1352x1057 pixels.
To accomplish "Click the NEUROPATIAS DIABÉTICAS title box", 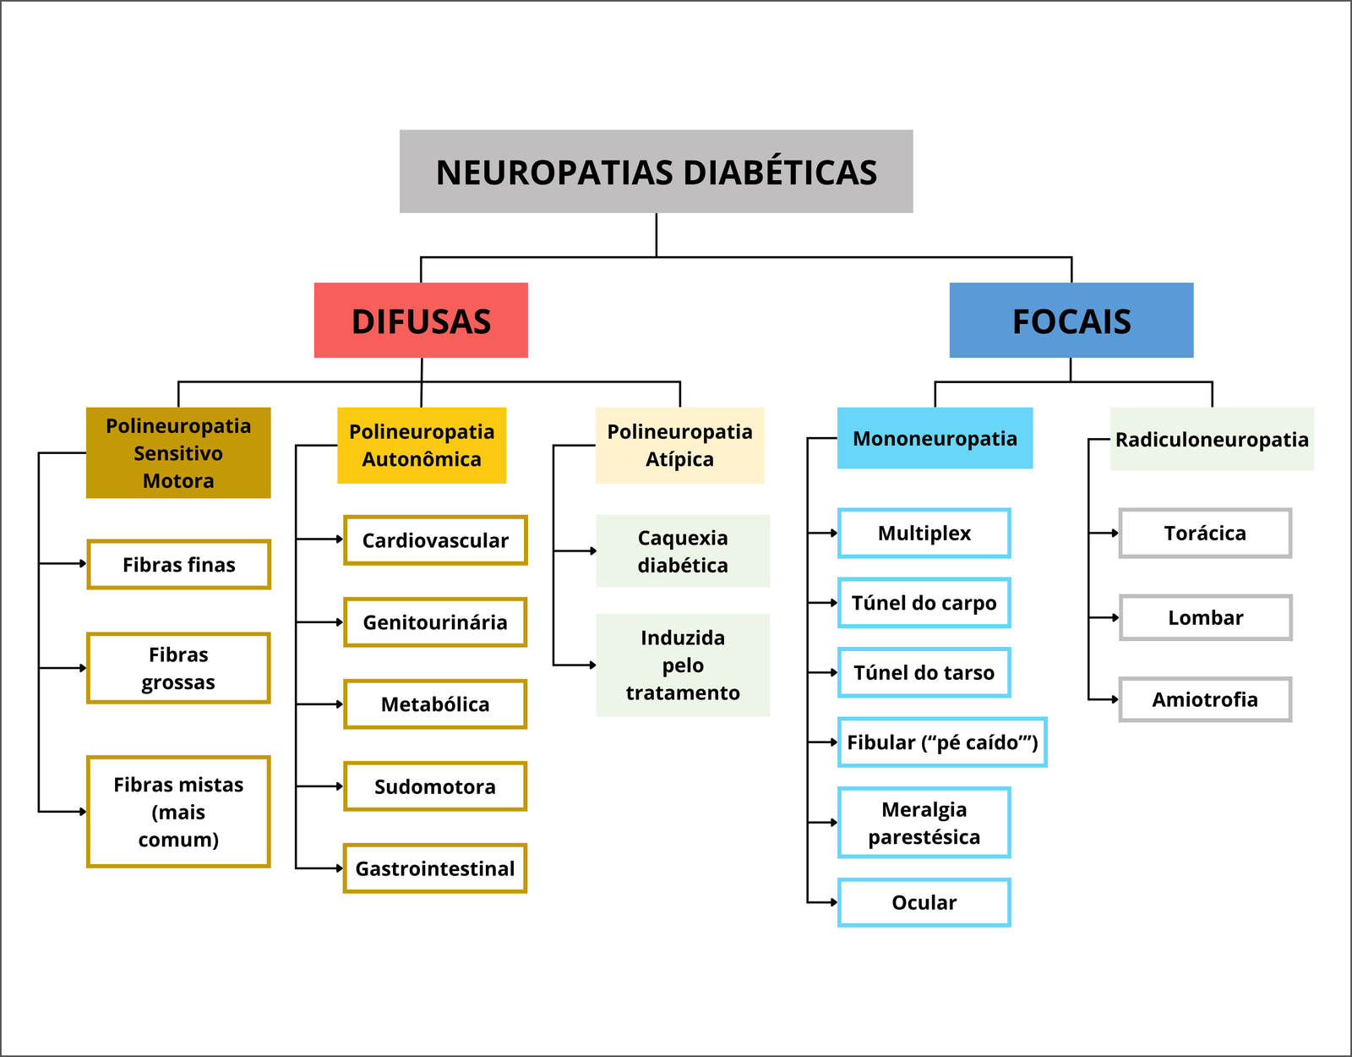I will point(656,172).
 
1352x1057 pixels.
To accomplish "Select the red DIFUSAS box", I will point(421,320).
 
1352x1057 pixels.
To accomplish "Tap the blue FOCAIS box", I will point(1071,320).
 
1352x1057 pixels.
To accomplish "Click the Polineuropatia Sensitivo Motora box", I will point(178,453).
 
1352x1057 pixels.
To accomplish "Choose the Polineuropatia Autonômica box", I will point(422,446).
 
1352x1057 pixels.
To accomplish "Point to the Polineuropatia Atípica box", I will point(679,446).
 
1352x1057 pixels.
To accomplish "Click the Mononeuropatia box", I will point(935,438).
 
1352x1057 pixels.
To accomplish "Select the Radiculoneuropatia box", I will point(1211,440).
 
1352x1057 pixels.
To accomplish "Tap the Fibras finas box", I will point(178,564).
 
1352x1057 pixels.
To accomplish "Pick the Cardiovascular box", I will point(435,540).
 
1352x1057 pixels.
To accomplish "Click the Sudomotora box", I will point(435,786).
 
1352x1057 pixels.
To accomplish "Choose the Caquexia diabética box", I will point(683,551).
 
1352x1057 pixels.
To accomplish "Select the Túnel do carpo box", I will point(924,603).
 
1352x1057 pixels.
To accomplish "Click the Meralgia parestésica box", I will point(924,823).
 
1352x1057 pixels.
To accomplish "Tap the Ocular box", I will point(924,902).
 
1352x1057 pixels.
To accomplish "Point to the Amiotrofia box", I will point(1205,699).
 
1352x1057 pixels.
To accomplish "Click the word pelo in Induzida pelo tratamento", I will point(683,665).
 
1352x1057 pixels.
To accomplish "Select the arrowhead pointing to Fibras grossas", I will point(83,668).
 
